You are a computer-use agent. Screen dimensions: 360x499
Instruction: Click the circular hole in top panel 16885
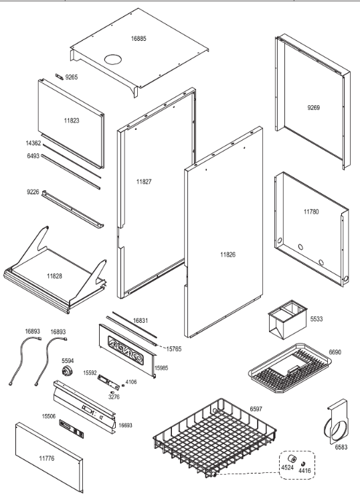click(113, 59)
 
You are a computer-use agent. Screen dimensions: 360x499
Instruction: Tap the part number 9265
click(71, 77)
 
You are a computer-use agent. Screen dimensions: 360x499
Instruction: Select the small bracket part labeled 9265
click(60, 76)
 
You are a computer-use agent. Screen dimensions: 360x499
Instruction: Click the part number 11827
click(144, 182)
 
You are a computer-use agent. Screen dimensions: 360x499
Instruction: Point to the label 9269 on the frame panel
click(314, 108)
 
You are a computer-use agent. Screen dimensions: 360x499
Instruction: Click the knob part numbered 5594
click(67, 370)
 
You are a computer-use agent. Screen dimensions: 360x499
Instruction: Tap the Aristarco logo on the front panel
click(126, 350)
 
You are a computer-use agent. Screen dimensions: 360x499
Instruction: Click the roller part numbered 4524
click(292, 459)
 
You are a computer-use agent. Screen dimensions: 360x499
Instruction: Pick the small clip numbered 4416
click(303, 463)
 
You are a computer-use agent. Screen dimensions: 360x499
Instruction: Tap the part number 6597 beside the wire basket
click(256, 409)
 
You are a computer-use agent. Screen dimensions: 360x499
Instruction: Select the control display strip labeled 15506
click(72, 428)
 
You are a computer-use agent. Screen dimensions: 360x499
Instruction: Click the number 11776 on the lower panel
click(47, 459)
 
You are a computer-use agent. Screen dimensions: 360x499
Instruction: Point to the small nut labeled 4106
click(123, 385)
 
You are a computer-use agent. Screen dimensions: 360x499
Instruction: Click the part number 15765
click(173, 349)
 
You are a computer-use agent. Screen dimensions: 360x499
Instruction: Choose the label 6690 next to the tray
click(335, 352)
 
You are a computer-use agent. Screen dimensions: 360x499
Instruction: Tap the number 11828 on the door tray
click(55, 276)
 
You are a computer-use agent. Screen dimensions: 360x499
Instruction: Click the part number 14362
click(33, 143)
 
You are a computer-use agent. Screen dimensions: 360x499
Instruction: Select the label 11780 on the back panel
click(311, 212)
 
